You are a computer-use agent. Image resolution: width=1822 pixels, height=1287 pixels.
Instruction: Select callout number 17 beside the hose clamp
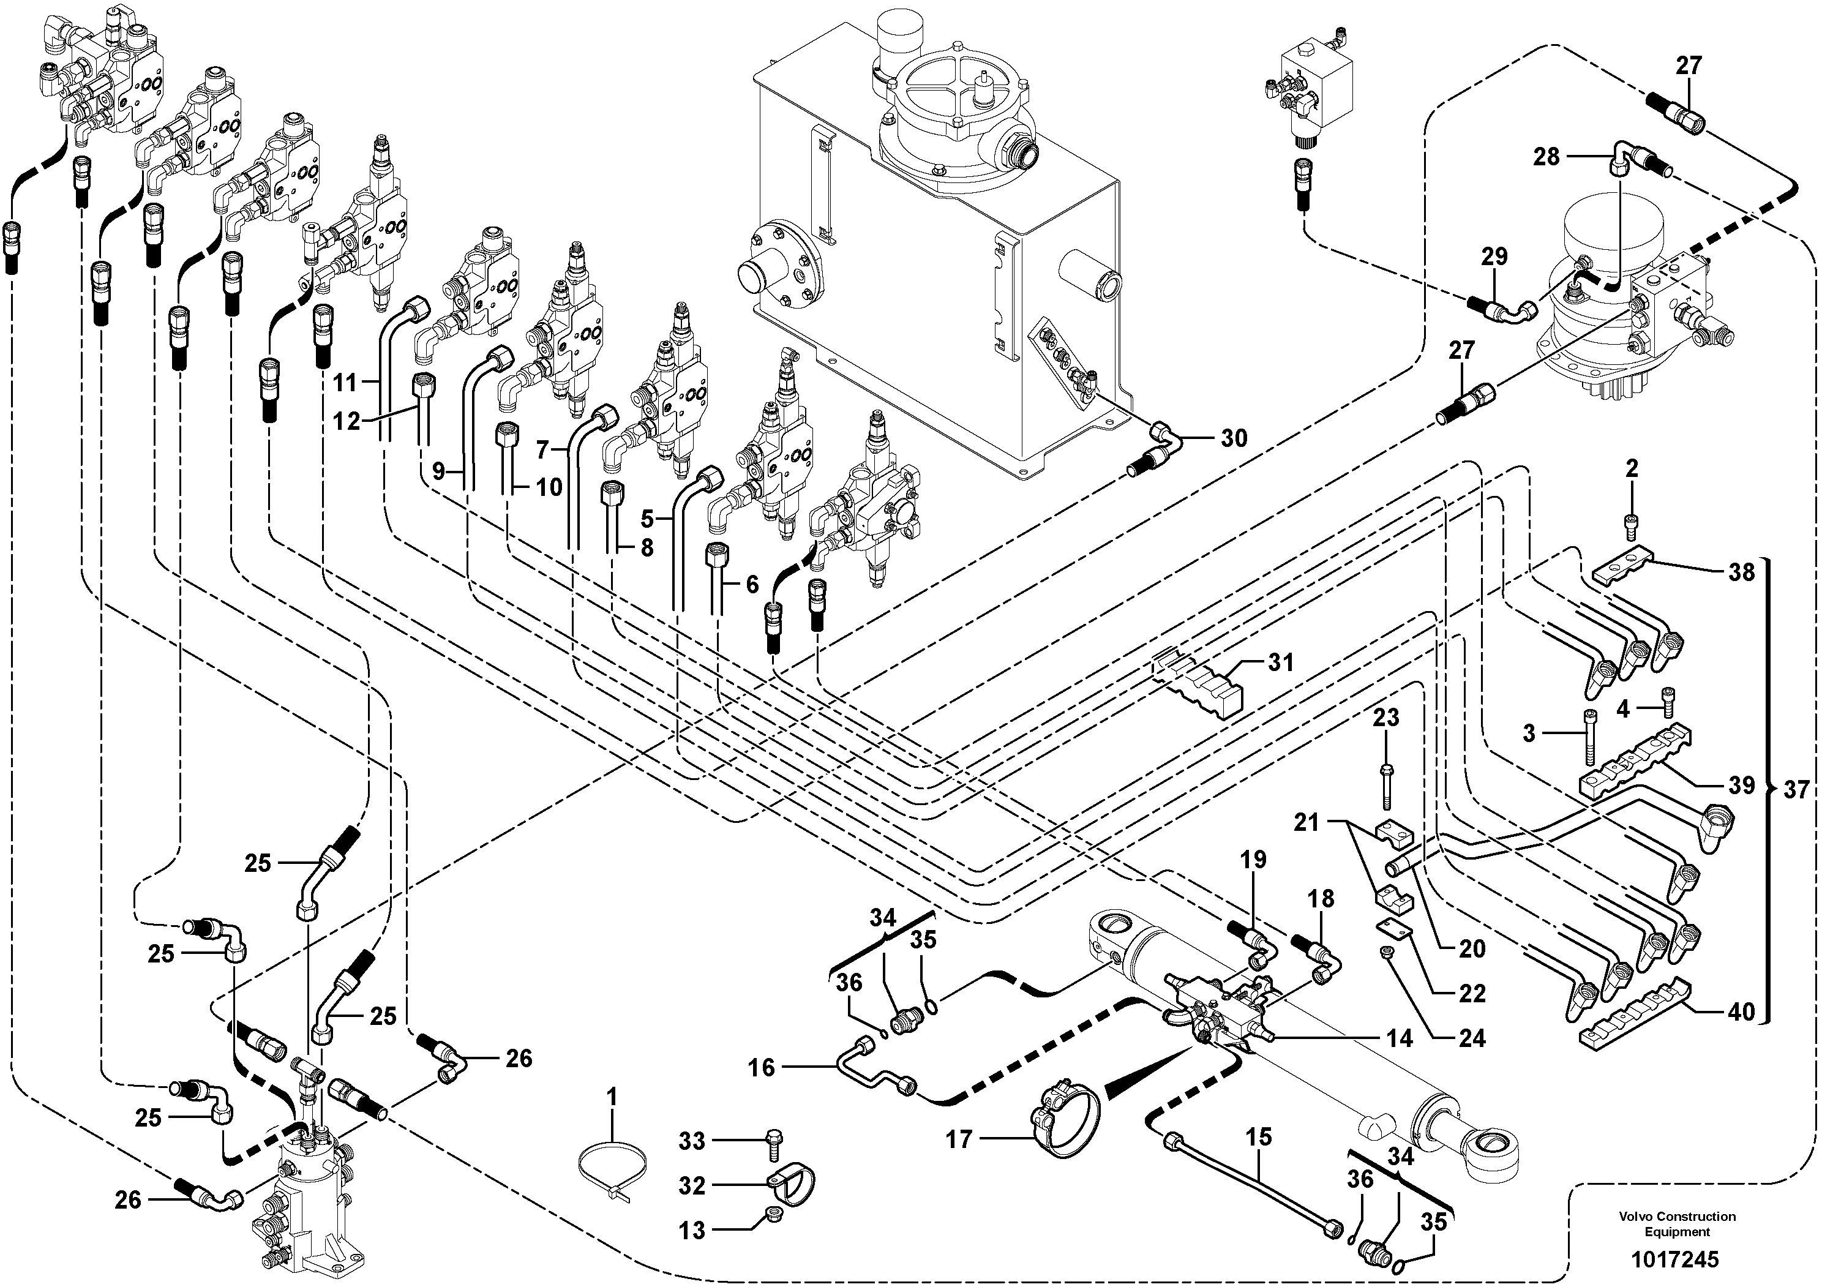(959, 1140)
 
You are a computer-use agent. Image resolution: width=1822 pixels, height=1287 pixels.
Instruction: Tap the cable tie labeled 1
(605, 1173)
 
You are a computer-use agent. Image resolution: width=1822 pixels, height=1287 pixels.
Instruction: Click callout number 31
(1280, 662)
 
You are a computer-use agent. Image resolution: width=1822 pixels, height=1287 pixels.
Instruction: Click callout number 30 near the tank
(1234, 438)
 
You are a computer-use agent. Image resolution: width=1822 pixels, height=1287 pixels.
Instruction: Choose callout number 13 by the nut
(692, 1231)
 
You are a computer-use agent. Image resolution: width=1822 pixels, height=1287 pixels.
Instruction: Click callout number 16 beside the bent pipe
(761, 1067)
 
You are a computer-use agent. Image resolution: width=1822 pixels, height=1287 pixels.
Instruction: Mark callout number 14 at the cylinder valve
(1400, 1038)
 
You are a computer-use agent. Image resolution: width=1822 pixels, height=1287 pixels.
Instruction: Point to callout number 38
(1741, 571)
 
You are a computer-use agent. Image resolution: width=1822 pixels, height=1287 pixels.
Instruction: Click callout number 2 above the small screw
(1632, 469)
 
